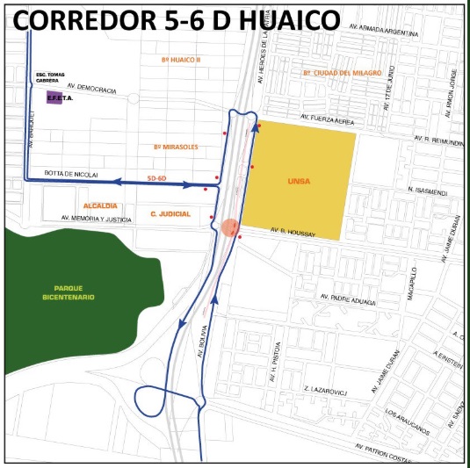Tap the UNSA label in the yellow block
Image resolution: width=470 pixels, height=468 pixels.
(x=300, y=182)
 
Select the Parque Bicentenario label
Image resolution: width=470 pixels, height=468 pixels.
(x=74, y=292)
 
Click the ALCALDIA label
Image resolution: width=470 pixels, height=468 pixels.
(x=102, y=204)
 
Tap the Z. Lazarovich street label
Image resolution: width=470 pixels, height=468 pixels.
(x=325, y=387)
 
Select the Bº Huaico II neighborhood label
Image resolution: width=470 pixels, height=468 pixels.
(x=182, y=60)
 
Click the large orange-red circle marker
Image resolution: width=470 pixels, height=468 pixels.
(x=229, y=227)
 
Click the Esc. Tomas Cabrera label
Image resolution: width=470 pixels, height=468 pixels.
(x=48, y=77)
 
